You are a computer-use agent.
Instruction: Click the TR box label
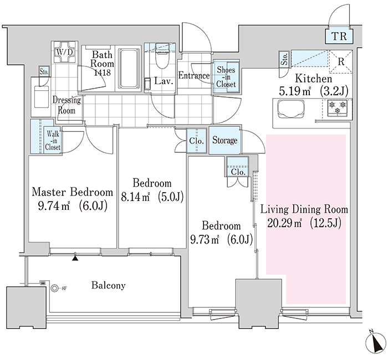(x=339, y=36)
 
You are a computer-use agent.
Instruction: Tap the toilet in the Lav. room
(x=162, y=56)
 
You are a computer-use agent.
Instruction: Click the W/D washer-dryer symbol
(x=65, y=53)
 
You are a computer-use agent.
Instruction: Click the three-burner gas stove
(x=338, y=108)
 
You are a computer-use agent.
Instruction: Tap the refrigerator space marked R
(x=341, y=61)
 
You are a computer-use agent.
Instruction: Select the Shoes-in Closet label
(x=226, y=77)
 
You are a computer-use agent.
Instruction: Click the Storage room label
(x=224, y=140)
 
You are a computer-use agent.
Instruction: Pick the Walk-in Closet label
(x=53, y=141)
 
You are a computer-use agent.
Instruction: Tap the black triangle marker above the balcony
(x=75, y=259)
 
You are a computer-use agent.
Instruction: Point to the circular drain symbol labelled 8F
(x=54, y=288)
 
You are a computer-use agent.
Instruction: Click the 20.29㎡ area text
(x=284, y=223)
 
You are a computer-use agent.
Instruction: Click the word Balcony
(x=109, y=285)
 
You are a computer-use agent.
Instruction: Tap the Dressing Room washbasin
(x=42, y=96)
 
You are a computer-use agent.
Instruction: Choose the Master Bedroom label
(x=72, y=192)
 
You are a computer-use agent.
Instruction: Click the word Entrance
(x=194, y=75)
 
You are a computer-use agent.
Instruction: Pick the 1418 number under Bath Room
(x=102, y=73)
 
